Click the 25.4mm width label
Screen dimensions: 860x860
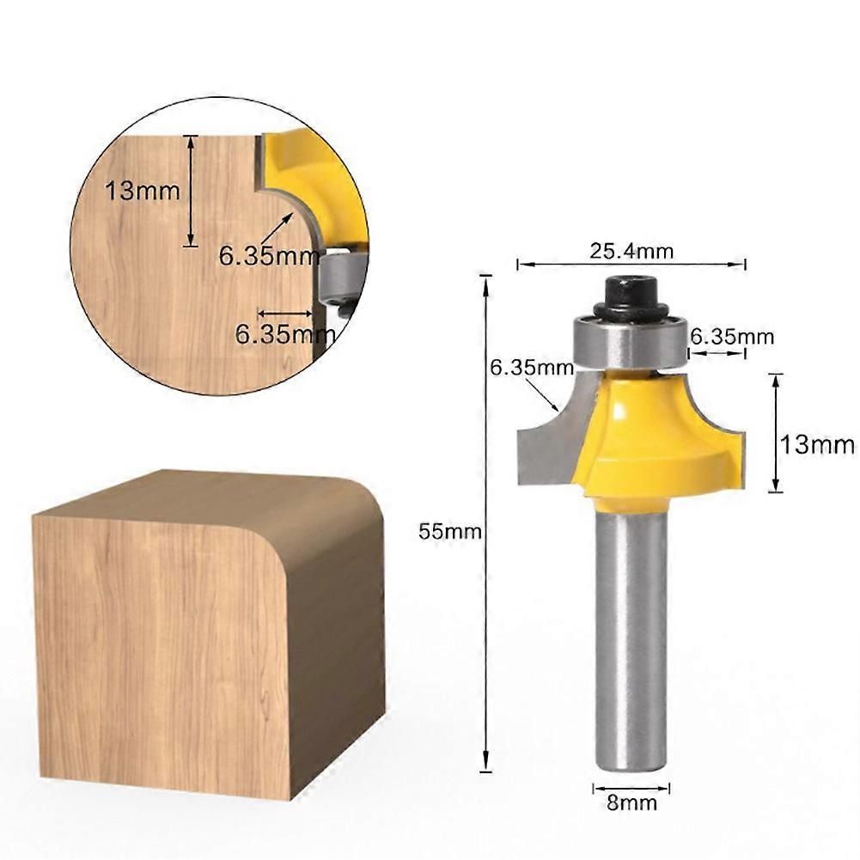(631, 251)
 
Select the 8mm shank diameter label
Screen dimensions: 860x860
(631, 803)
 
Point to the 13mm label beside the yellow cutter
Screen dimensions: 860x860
(817, 444)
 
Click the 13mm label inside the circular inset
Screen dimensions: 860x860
(143, 190)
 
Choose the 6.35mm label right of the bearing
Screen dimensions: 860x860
(732, 336)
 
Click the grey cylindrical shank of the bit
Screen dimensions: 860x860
(631, 636)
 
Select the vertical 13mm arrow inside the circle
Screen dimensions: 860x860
(192, 191)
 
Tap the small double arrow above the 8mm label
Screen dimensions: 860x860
(631, 787)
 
